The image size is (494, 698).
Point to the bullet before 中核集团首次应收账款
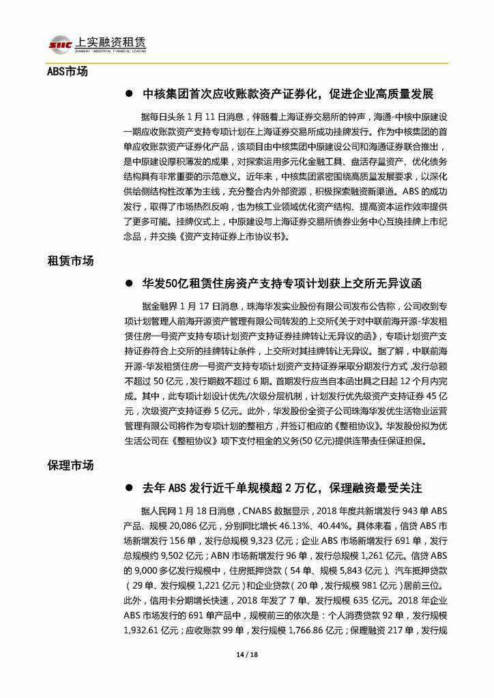(128, 93)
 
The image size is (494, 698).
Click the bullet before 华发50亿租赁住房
(128, 282)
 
